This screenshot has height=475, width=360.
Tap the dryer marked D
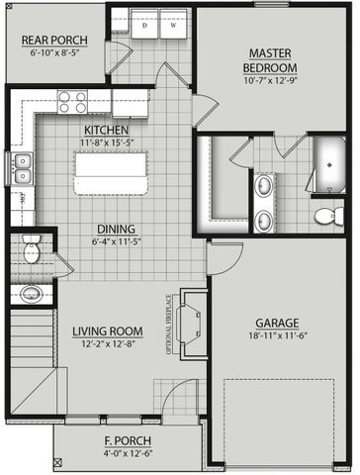144,27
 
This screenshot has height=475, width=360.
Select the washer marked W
174,27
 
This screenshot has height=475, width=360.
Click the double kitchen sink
28,170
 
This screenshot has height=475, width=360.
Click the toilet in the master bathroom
324,214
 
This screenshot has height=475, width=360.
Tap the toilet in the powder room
29,250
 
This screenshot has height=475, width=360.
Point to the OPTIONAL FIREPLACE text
180,323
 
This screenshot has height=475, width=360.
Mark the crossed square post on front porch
59,461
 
